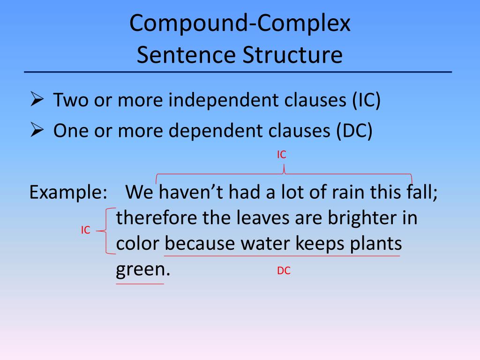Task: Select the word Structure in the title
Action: point(292,55)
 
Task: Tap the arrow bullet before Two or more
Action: point(37,100)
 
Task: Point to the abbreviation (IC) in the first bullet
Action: point(367,101)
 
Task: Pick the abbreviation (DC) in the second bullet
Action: point(354,131)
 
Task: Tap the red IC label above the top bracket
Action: point(281,155)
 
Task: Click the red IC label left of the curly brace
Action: point(85,230)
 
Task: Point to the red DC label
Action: point(284,270)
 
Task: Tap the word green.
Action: point(139,270)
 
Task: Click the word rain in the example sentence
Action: point(341,192)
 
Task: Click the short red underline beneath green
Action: point(140,284)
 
